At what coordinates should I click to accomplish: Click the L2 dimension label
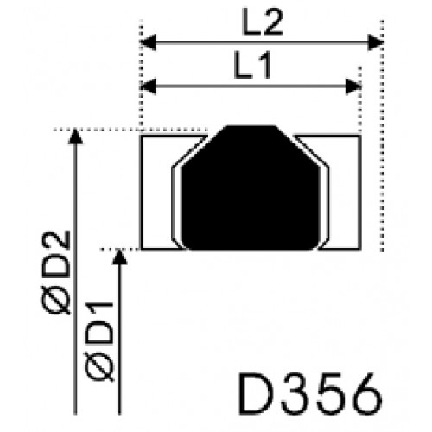[263, 22]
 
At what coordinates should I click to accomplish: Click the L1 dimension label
[252, 65]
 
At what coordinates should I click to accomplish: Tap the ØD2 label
[56, 272]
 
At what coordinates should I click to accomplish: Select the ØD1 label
[99, 341]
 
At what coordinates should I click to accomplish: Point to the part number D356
[310, 394]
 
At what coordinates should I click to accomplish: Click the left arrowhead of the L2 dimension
[148, 42]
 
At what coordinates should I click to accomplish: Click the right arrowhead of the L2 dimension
[376, 42]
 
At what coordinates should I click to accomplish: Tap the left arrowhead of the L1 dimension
[148, 86]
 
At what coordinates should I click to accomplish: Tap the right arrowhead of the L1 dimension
[353, 86]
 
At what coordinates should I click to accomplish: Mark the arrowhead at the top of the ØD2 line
[75, 137]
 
